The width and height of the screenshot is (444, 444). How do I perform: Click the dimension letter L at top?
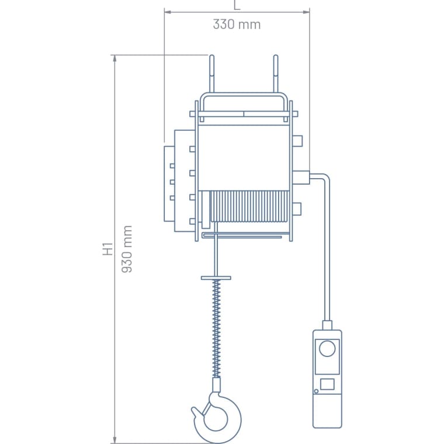pyautogui.click(x=237, y=5)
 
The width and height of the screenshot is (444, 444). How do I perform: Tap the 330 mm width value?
pyautogui.click(x=237, y=25)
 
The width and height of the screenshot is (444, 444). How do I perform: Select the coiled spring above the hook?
pyautogui.click(x=217, y=327)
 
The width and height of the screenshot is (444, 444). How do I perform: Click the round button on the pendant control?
pyautogui.click(x=327, y=349)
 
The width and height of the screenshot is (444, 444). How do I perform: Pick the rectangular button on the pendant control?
pyautogui.click(x=327, y=384)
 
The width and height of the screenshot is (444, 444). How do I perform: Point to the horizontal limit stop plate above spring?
pyautogui.click(x=216, y=277)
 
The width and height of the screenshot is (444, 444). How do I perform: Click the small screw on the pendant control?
pyautogui.click(x=316, y=391)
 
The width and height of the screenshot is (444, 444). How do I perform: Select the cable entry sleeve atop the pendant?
pyautogui.click(x=327, y=325)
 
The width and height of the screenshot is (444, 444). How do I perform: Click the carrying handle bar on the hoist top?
pyautogui.click(x=244, y=95)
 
